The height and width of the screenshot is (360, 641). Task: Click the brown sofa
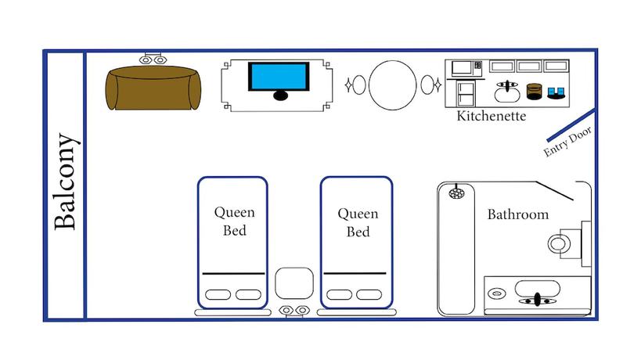[x=153, y=88]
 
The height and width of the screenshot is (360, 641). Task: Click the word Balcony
[x=67, y=183]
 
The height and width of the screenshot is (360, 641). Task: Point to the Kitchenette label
[x=492, y=117]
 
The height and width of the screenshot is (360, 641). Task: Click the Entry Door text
[x=568, y=142]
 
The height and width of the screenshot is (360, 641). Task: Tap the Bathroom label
[x=517, y=214]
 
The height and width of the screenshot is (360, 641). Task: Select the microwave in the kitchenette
[x=462, y=67]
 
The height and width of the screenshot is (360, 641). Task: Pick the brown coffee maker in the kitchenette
[x=535, y=91]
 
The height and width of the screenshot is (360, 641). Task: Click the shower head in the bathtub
[x=455, y=190]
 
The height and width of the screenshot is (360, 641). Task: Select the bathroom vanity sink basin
[x=536, y=297]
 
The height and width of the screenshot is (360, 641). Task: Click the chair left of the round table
[x=357, y=85]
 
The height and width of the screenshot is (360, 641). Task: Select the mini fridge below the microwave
[x=466, y=94]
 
